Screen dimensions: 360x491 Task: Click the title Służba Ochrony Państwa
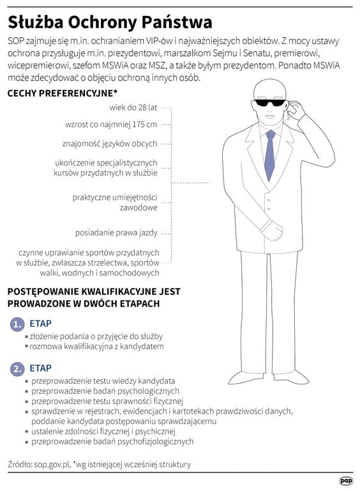click(110, 22)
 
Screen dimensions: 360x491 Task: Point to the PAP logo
click(345, 481)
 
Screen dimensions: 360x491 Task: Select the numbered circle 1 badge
click(17, 324)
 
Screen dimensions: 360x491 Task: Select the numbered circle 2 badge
click(17, 368)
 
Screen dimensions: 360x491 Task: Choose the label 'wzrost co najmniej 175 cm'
click(111, 124)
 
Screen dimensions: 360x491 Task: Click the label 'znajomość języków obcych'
click(110, 143)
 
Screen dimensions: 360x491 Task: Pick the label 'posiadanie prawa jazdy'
click(116, 232)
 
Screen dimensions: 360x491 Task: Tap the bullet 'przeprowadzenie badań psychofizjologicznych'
click(112, 441)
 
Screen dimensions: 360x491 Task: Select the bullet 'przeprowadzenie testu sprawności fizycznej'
click(107, 401)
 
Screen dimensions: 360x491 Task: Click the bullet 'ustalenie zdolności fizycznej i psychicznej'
click(106, 431)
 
